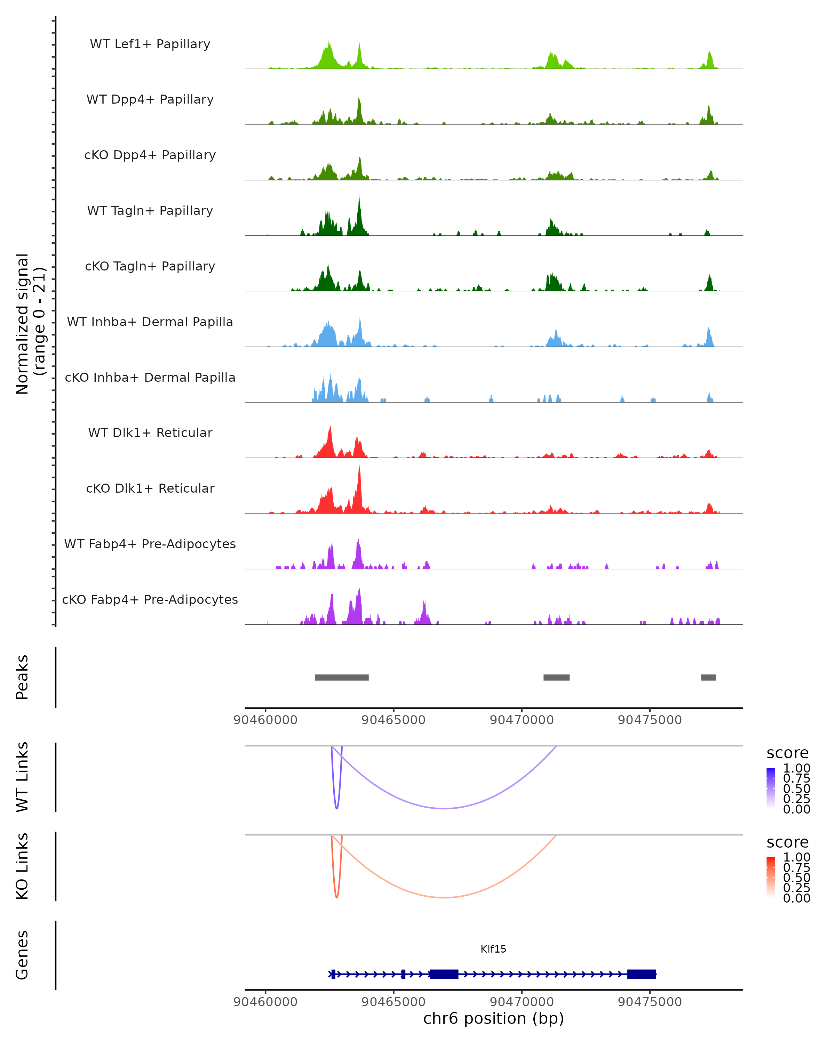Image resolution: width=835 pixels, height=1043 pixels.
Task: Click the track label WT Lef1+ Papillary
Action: coord(150,45)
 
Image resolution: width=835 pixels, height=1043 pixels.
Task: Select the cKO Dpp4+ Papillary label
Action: coord(150,155)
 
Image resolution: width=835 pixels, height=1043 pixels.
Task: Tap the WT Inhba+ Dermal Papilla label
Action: coord(150,322)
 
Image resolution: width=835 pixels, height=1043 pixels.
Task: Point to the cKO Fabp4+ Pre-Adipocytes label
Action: coord(150,600)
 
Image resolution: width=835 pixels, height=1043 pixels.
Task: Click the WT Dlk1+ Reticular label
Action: coord(150,433)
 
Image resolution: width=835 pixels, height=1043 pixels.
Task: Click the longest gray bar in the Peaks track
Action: coord(342,677)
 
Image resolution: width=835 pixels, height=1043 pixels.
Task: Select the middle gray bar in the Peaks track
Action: coord(556,677)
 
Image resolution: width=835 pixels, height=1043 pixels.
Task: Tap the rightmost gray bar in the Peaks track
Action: coord(708,677)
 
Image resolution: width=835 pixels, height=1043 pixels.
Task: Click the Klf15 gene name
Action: coord(493,949)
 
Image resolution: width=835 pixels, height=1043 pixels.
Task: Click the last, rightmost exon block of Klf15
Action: coord(641,974)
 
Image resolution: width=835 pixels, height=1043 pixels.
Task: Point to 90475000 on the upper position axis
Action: coord(650,720)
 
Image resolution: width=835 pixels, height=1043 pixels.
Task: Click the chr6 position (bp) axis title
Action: coord(493,1018)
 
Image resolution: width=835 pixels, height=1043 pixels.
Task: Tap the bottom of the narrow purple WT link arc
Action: coord(337,808)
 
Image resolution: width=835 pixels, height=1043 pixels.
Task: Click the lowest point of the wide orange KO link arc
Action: coord(444,897)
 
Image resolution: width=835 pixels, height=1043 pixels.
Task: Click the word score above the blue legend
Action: coord(787,753)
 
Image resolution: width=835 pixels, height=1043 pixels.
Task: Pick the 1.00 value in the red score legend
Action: coord(796,857)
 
